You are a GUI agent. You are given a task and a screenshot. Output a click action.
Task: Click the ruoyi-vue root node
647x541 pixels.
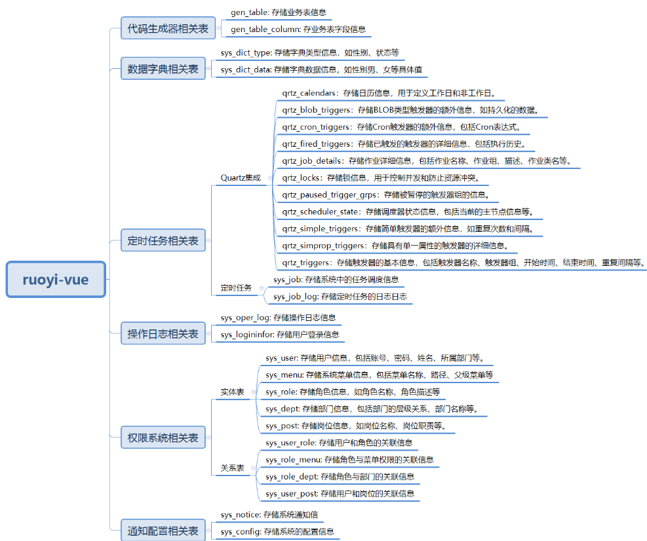56,280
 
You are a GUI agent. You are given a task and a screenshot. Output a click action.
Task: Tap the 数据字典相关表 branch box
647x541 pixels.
163,69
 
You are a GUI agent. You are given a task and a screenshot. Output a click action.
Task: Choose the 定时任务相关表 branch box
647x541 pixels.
163,240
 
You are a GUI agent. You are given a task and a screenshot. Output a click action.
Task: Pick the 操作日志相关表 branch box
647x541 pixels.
163,334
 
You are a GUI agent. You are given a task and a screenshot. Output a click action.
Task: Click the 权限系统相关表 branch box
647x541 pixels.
163,438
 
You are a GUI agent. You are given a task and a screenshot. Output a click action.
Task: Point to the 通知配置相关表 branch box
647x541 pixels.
163,531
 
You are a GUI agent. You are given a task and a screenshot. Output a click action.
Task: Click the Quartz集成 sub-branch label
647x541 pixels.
241,177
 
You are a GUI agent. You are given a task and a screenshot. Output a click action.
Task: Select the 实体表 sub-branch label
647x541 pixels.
233,392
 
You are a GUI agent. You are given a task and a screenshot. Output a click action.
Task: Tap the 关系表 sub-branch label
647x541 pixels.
233,468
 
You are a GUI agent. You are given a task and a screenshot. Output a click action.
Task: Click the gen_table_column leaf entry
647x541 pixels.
298,29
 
